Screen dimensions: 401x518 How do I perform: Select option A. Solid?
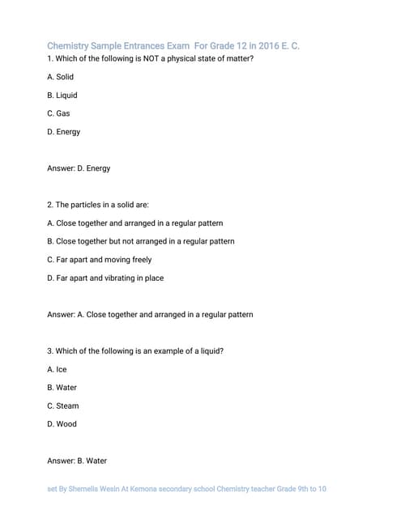pyautogui.click(x=61, y=77)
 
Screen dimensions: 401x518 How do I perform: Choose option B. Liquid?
pyautogui.click(x=62, y=96)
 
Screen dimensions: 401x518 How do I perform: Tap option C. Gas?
pyautogui.click(x=59, y=113)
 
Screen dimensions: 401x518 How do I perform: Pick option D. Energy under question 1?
pyautogui.click(x=64, y=132)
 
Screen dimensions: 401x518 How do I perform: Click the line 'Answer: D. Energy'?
pyautogui.click(x=79, y=168)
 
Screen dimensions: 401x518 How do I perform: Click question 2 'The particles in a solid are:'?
pyautogui.click(x=98, y=205)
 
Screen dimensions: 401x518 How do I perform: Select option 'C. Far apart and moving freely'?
pyautogui.click(x=100, y=260)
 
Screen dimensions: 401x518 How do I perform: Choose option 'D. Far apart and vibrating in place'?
pyautogui.click(x=105, y=278)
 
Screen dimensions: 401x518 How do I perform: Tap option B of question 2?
pyautogui.click(x=141, y=241)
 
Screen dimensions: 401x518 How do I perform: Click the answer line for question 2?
pyautogui.click(x=150, y=314)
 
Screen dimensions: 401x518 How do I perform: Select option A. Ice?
pyautogui.click(x=57, y=369)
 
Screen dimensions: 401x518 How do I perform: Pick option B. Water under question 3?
pyautogui.click(x=62, y=388)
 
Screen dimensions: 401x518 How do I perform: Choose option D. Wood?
pyautogui.click(x=62, y=424)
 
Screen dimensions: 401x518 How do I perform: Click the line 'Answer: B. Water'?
pyautogui.click(x=77, y=461)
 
